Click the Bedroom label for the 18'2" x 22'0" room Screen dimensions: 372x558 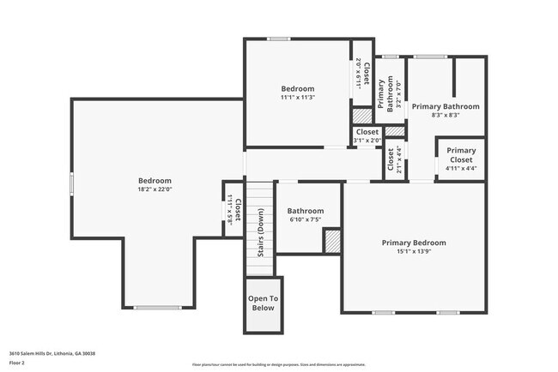click(155, 181)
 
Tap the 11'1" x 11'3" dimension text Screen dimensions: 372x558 click(298, 98)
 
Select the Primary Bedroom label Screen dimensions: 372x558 click(414, 243)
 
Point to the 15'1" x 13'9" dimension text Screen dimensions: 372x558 click(414, 253)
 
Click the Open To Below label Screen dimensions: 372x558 click(264, 303)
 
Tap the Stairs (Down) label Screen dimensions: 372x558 click(260, 231)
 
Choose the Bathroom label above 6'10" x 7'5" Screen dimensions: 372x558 click(306, 211)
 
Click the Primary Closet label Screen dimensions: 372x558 click(461, 155)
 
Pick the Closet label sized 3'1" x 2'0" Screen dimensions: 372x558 click(367, 132)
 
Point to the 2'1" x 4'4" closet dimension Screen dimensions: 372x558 click(399, 160)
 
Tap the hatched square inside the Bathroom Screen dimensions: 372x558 click(331, 241)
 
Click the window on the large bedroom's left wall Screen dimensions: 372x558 click(71, 183)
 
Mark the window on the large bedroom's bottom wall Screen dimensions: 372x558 click(158, 308)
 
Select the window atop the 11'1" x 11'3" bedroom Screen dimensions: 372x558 click(277, 39)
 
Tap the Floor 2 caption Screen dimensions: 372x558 click(18, 363)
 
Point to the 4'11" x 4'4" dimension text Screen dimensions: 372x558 click(461, 168)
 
